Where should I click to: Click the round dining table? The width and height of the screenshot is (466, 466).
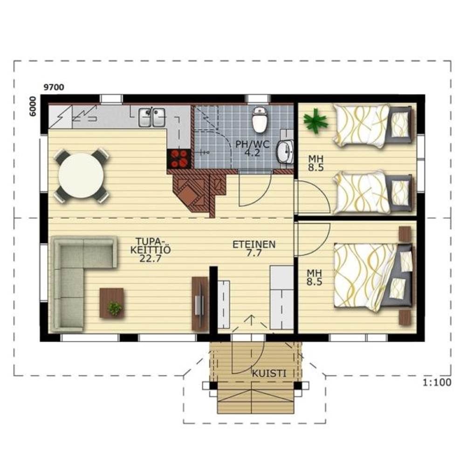pos(81,175)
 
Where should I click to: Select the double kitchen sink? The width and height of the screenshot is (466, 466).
pos(152,117)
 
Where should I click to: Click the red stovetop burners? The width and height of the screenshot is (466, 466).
pos(178,158)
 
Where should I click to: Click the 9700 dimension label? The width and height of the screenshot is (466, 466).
pos(54,87)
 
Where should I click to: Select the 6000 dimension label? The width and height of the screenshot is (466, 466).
pos(33,106)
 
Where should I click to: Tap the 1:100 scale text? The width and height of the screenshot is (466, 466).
pos(437,382)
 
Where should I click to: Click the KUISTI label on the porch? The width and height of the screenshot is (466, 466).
pos(269,374)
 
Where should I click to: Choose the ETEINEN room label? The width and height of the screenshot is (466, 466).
pos(254,245)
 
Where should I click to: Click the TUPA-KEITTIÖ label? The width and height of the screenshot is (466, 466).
pos(151,246)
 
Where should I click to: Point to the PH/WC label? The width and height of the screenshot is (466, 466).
pos(253,145)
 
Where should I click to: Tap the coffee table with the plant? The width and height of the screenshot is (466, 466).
pos(111,303)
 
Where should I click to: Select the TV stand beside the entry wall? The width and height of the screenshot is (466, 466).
pos(200,304)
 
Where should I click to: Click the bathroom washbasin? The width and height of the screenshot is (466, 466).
pos(285,152)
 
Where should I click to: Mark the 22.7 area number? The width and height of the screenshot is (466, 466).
pos(151,258)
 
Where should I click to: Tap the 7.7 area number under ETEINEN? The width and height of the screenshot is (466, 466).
pos(254,253)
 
